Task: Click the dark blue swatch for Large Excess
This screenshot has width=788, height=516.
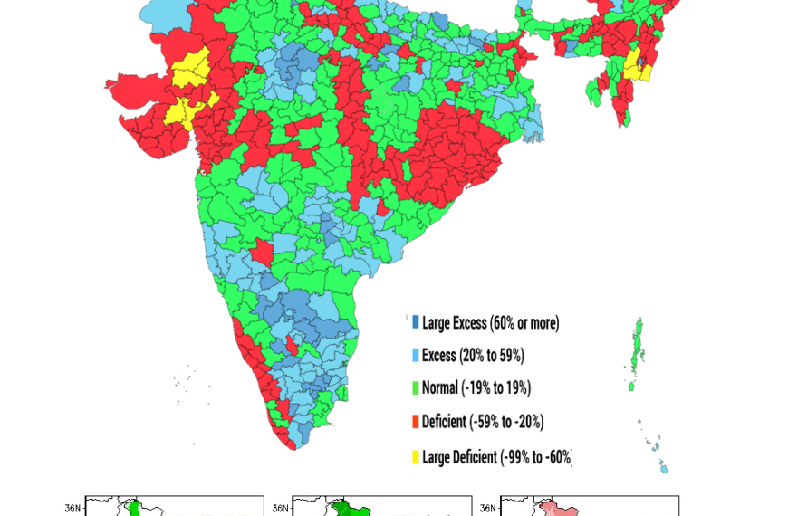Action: pyautogui.click(x=416, y=322)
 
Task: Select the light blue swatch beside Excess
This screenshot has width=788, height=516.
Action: pyautogui.click(x=416, y=356)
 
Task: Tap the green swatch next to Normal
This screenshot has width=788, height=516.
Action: pyautogui.click(x=416, y=388)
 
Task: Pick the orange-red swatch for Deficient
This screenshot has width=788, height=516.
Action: pyautogui.click(x=416, y=422)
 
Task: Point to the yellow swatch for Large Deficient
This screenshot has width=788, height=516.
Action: pyautogui.click(x=416, y=457)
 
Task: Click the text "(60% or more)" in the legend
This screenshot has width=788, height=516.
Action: pyautogui.click(x=524, y=323)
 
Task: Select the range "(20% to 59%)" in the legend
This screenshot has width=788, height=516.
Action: pyautogui.click(x=494, y=356)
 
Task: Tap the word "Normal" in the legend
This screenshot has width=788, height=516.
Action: pyautogui.click(x=440, y=388)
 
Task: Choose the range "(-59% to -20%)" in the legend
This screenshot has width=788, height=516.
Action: pyautogui.click(x=506, y=422)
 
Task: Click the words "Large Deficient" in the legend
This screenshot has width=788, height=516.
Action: pyautogui.click(x=459, y=457)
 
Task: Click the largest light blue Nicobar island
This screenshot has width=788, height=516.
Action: pyautogui.click(x=663, y=468)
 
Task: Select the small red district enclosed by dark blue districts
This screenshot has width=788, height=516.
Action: pyautogui.click(x=291, y=345)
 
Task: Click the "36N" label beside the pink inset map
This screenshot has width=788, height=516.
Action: pyautogui.click(x=486, y=508)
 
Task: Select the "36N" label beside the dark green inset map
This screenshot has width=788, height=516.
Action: pyautogui.click(x=279, y=508)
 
